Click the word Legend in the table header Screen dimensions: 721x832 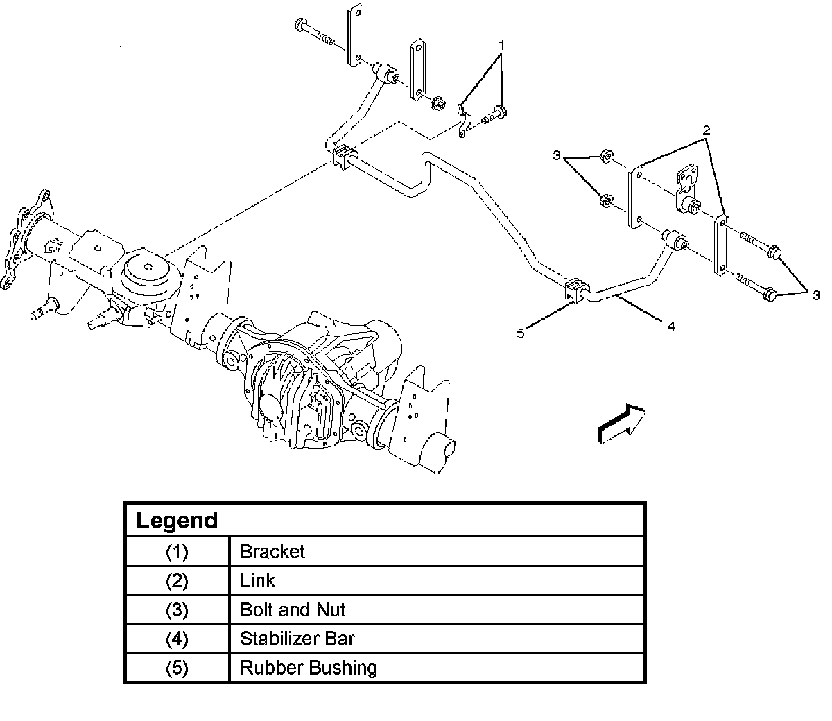tap(177, 520)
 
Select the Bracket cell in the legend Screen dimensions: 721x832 tap(272, 552)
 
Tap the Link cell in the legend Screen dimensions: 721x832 tap(257, 581)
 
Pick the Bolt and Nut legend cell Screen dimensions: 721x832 tap(293, 610)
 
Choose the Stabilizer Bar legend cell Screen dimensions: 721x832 tap(297, 639)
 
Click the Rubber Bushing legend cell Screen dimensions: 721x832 tap(309, 668)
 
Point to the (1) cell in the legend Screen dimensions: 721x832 tap(177, 552)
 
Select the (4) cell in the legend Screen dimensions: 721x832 tap(177, 639)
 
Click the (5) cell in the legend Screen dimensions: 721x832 tap(177, 668)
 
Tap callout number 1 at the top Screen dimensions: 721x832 tap(501, 45)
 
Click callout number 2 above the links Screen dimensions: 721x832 tap(706, 130)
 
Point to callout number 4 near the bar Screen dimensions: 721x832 tap(671, 325)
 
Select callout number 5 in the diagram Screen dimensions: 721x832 tap(521, 333)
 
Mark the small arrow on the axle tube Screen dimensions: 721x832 tap(53, 245)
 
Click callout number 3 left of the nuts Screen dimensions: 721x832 tap(557, 156)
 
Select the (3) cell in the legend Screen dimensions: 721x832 tap(177, 610)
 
